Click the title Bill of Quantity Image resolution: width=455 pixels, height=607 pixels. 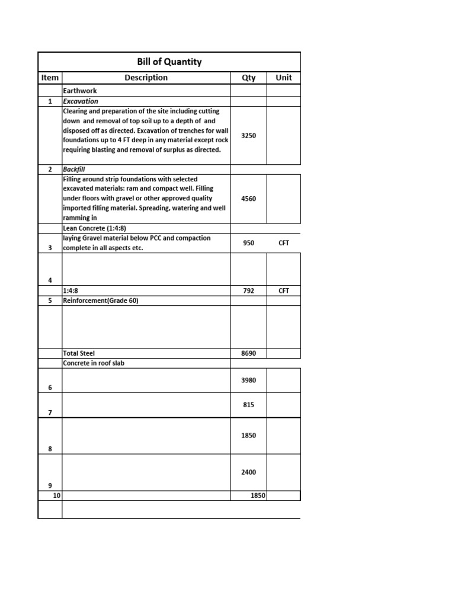(x=169, y=62)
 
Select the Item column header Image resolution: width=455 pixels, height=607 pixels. (x=50, y=78)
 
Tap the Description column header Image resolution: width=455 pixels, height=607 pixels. (x=146, y=78)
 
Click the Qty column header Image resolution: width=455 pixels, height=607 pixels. (x=249, y=78)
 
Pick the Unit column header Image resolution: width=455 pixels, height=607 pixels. (x=284, y=78)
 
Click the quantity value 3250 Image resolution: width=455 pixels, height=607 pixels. (x=249, y=136)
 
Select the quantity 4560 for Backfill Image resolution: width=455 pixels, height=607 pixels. (x=249, y=199)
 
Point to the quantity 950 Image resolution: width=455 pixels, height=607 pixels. (x=249, y=242)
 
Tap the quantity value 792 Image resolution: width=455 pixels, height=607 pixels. (x=249, y=291)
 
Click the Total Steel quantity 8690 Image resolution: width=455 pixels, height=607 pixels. (x=249, y=353)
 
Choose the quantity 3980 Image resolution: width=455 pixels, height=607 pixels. (x=249, y=380)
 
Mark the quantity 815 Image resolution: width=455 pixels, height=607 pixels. (x=249, y=405)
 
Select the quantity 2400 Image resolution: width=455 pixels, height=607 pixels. (x=249, y=472)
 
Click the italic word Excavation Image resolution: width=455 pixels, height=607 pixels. (x=81, y=101)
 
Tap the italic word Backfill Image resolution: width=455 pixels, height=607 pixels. (x=74, y=170)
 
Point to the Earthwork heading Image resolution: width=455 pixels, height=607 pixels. (x=80, y=91)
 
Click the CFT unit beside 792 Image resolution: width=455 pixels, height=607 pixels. (x=284, y=291)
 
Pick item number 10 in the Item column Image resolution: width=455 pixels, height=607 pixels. (x=57, y=496)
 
